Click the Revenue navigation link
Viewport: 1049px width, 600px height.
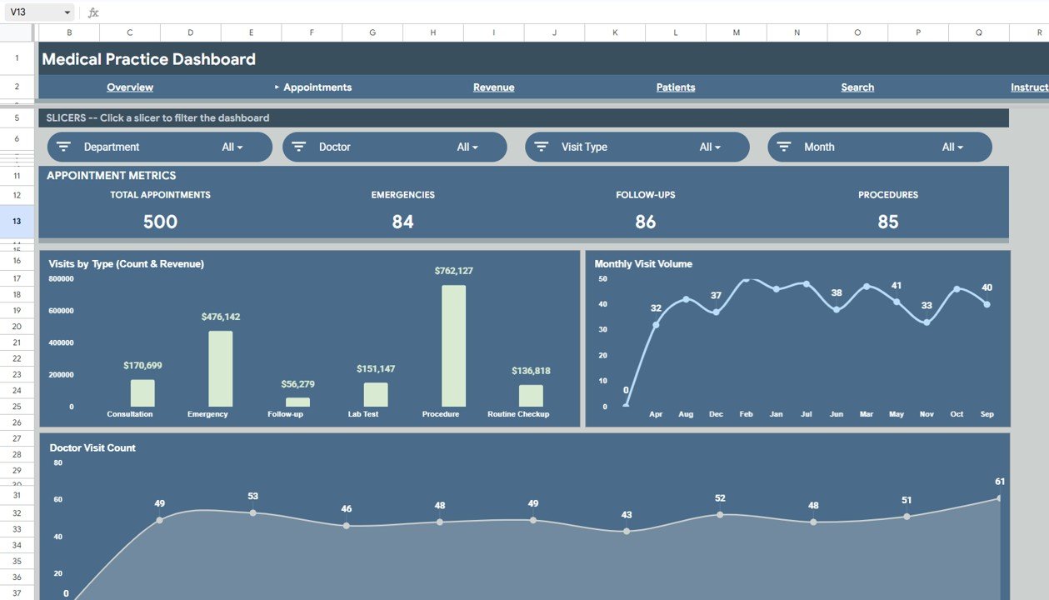[x=493, y=87]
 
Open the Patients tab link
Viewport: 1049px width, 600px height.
[x=675, y=87]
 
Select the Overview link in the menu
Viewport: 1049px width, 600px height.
[x=130, y=87]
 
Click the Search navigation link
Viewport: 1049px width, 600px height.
[x=857, y=87]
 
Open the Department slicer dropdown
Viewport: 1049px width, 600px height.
[x=159, y=147]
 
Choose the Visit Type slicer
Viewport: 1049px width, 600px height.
[x=637, y=147]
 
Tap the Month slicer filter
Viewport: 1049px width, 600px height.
[x=879, y=147]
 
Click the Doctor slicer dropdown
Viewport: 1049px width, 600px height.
[x=394, y=147]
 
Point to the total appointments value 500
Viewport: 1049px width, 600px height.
[x=160, y=222]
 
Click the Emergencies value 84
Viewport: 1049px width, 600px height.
[x=402, y=222]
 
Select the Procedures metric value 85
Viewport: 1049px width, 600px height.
[x=888, y=222]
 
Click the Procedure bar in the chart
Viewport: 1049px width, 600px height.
[x=453, y=346]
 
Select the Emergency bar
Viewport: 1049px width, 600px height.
[x=220, y=368]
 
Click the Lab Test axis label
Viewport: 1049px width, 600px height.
[x=363, y=414]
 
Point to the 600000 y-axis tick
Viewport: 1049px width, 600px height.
[x=61, y=311]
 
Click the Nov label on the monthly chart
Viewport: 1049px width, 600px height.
[x=927, y=414]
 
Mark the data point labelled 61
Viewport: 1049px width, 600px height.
[x=999, y=498]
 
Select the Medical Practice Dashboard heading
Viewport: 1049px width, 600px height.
[x=148, y=59]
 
